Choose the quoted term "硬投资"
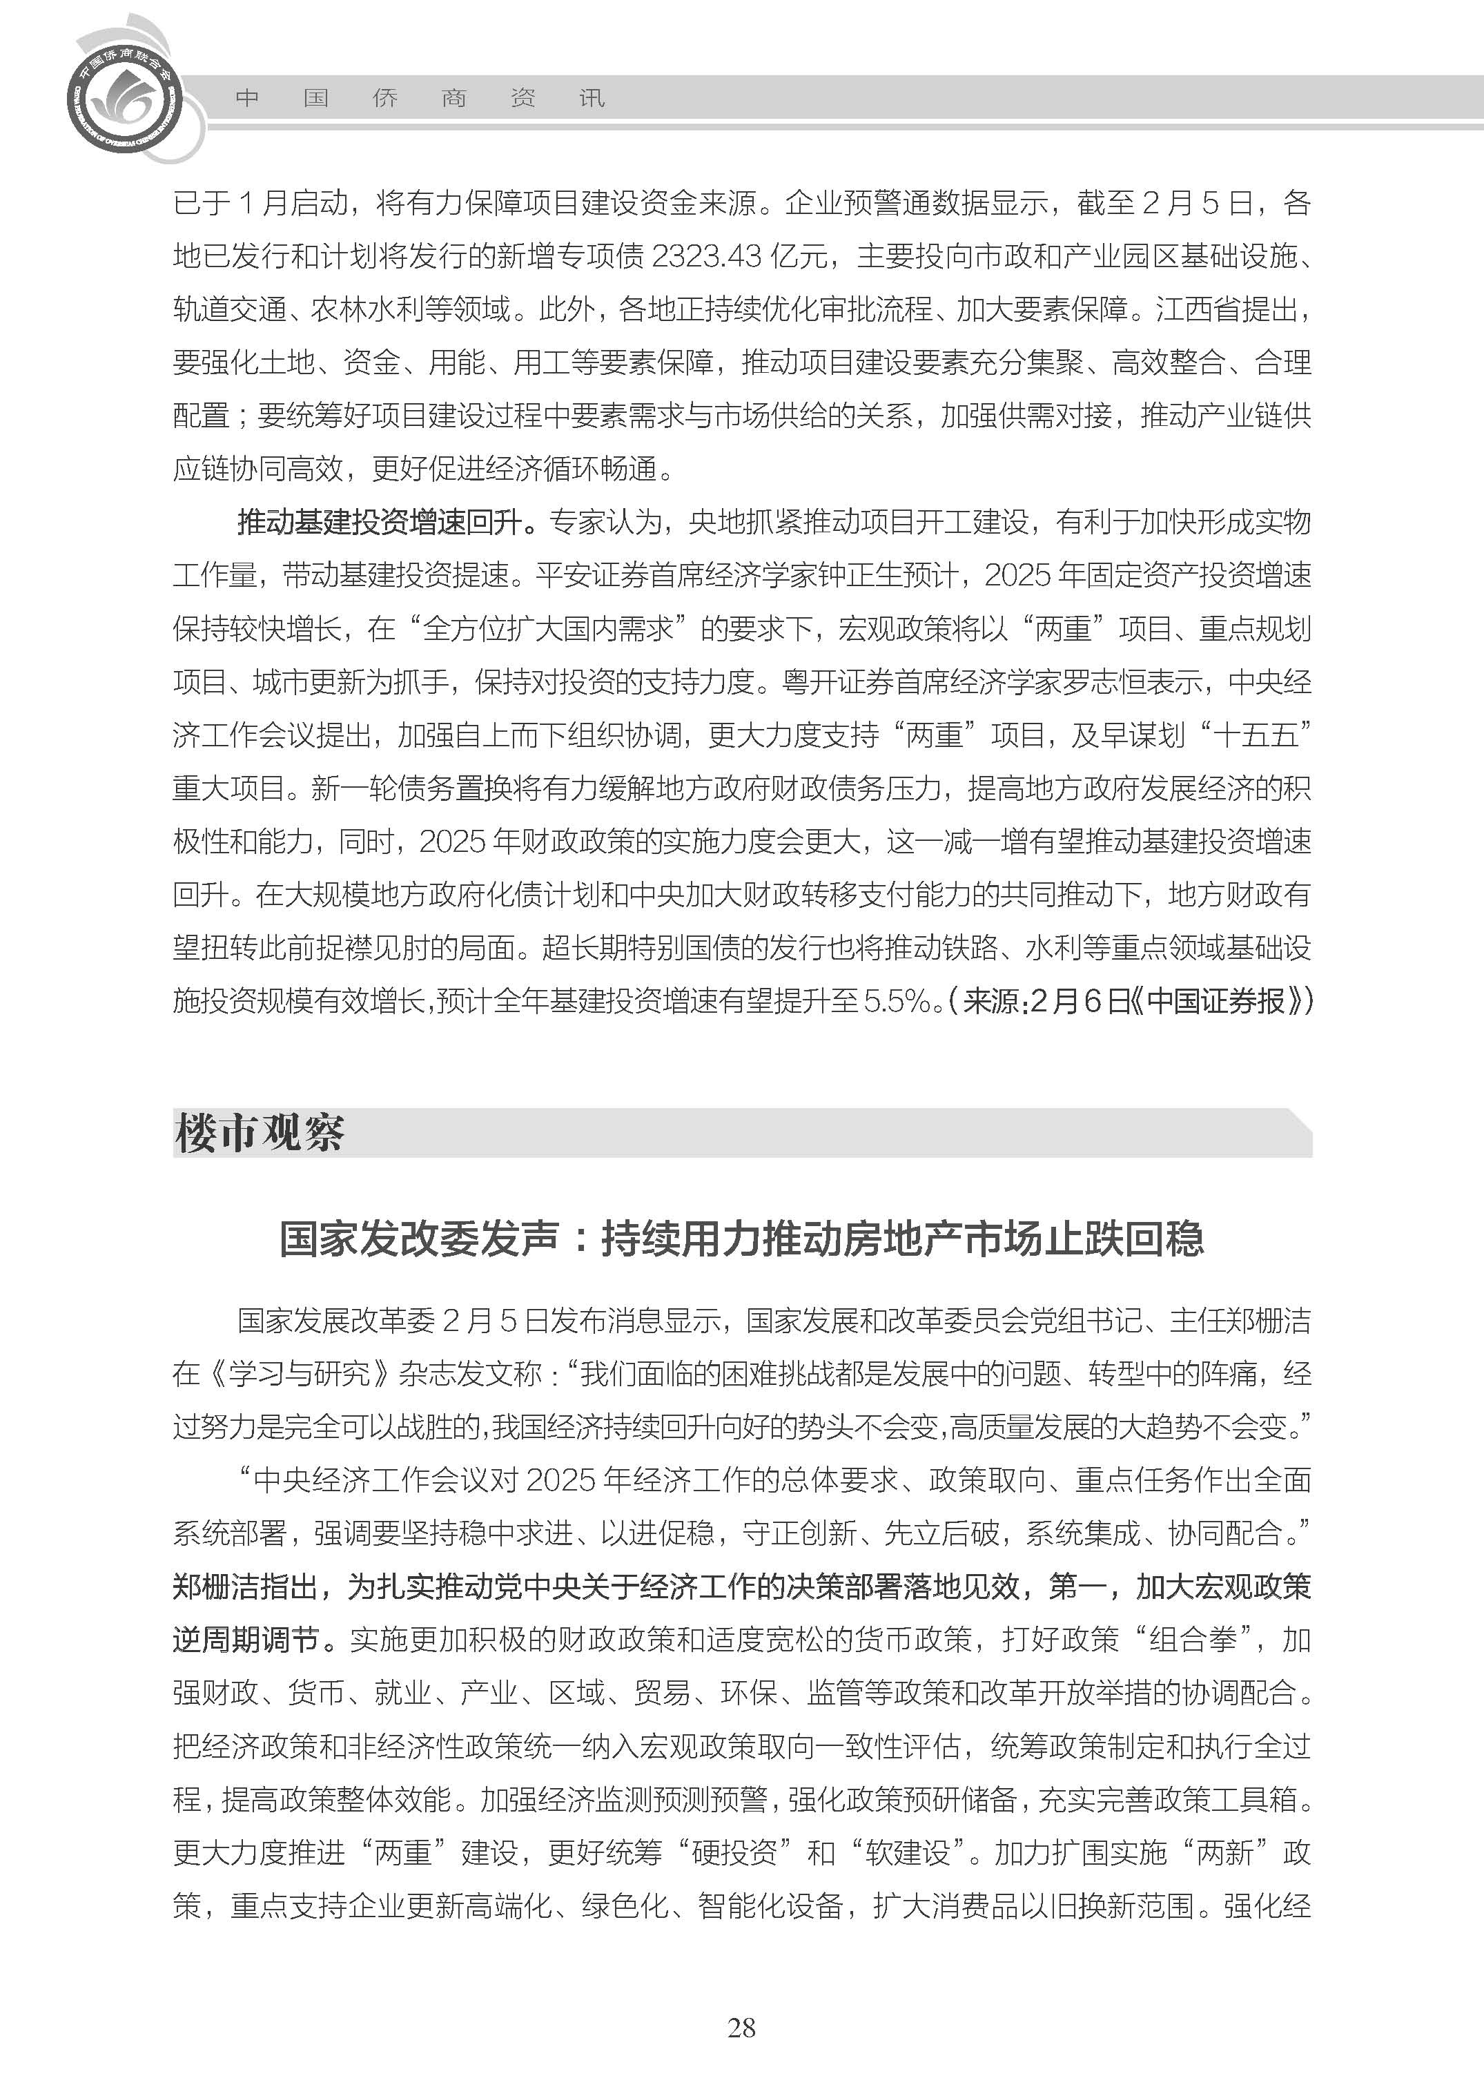click(734, 1853)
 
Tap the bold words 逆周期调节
click(245, 1640)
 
